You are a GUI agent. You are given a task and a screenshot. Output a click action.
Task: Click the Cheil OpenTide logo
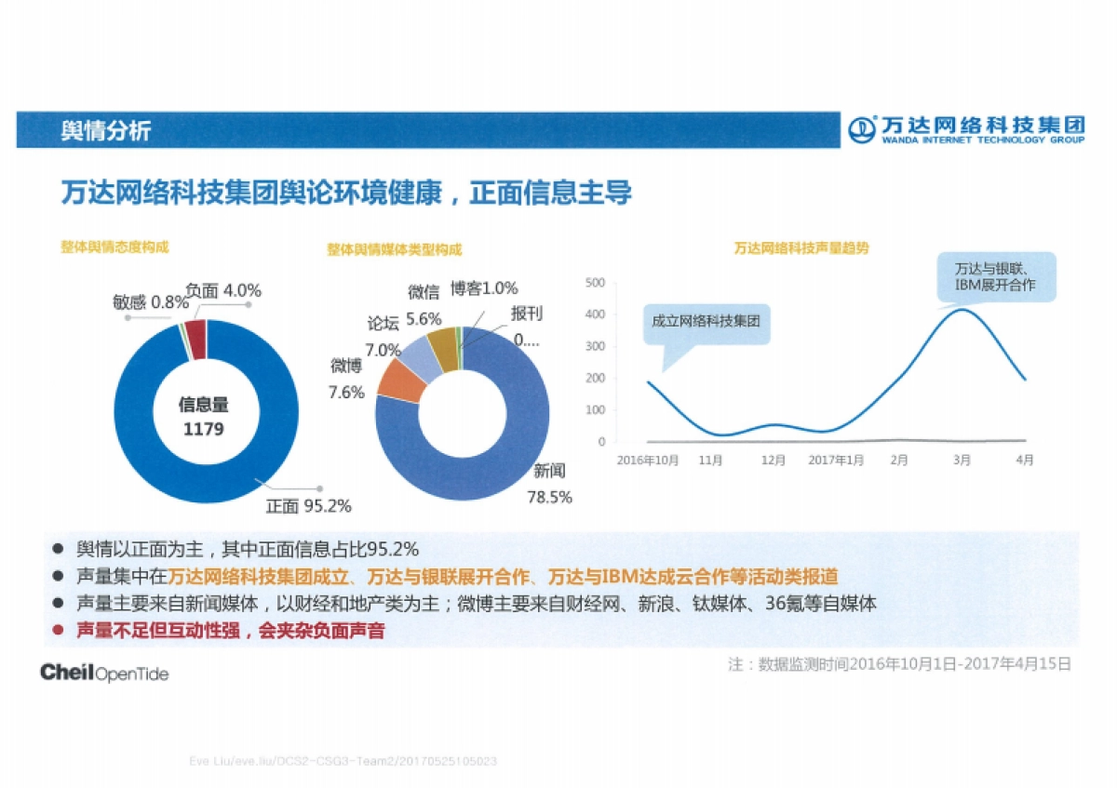coord(104,673)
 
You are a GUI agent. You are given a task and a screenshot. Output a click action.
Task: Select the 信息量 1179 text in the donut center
coord(204,418)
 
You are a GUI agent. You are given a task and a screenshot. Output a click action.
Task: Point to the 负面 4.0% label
coord(222,290)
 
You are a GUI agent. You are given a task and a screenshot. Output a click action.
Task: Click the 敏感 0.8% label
coord(151,301)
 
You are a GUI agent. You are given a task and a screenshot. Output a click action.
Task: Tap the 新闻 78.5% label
coord(549,484)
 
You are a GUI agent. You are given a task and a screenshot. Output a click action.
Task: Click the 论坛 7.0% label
coord(383,336)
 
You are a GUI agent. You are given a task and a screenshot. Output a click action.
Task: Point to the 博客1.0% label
coord(483,288)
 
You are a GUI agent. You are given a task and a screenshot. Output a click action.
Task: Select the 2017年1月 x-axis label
coord(835,460)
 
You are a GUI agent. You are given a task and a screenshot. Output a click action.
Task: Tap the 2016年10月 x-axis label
coord(648,460)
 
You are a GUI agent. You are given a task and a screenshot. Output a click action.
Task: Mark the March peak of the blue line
coord(962,310)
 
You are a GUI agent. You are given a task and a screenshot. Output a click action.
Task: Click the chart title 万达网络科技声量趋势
coord(801,248)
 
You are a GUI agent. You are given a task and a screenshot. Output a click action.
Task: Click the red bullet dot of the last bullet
coord(58,630)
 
